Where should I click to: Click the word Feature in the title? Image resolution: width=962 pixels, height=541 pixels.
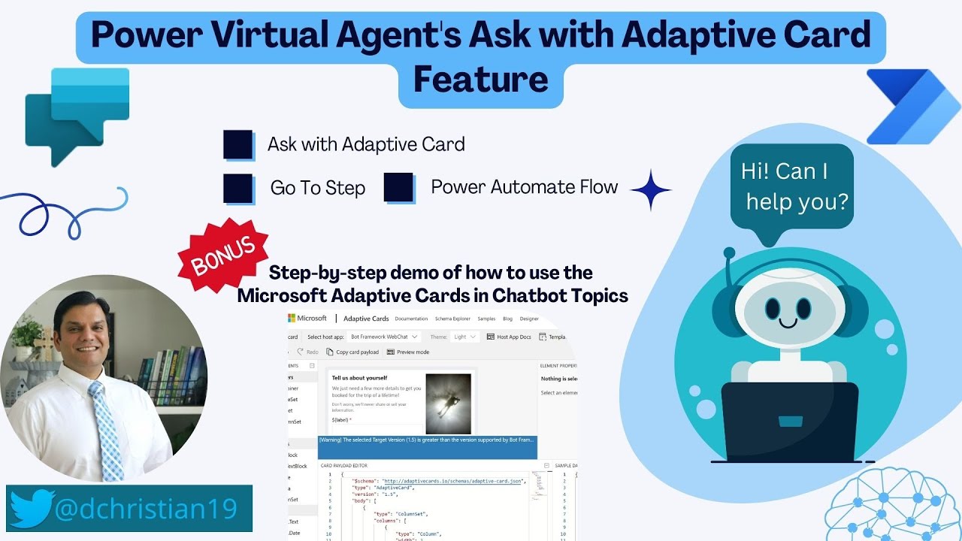pyautogui.click(x=481, y=80)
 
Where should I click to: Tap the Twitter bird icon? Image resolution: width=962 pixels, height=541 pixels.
pyautogui.click(x=32, y=509)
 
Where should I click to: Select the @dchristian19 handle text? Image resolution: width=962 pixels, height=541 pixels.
pyautogui.click(x=146, y=509)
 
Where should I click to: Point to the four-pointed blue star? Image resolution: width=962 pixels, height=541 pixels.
pyautogui.click(x=650, y=190)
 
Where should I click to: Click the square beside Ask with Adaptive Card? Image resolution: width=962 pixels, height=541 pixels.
pyautogui.click(x=238, y=145)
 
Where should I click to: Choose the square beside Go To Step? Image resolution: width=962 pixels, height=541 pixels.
pyautogui.click(x=238, y=189)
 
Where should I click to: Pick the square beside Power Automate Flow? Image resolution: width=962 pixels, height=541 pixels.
pyautogui.click(x=399, y=188)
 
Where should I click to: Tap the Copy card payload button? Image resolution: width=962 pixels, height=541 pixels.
pyautogui.click(x=352, y=352)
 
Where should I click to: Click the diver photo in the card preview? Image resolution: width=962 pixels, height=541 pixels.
pyautogui.click(x=448, y=404)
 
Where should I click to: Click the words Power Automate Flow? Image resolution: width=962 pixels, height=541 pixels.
pyautogui.click(x=525, y=187)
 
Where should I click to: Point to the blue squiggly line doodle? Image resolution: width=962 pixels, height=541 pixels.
pyautogui.click(x=68, y=210)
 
